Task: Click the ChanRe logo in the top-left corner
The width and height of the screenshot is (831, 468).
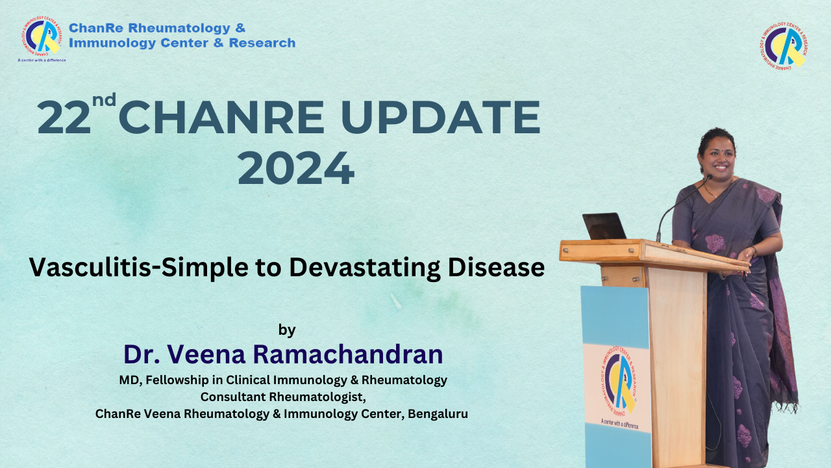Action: [42, 36]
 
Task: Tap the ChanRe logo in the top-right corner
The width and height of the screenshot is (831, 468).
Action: [784, 45]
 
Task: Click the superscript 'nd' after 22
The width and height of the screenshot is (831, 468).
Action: [105, 99]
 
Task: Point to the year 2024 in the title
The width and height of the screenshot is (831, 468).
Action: [296, 168]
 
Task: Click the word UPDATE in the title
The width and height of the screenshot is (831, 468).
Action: [440, 118]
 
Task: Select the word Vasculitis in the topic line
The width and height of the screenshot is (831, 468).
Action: [90, 267]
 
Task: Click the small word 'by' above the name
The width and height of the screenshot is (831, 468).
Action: [287, 330]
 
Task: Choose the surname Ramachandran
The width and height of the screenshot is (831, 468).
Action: [348, 354]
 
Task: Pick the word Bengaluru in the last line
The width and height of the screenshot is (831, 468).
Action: [438, 413]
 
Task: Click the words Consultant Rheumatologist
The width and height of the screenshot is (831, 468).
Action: [283, 396]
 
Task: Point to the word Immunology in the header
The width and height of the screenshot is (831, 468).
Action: [112, 43]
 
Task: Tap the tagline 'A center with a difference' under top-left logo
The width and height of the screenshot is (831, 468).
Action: [42, 60]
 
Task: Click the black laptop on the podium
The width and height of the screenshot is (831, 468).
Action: [604, 226]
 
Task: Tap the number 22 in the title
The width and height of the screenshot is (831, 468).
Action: [64, 118]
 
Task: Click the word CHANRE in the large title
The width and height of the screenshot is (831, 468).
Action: [221, 118]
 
